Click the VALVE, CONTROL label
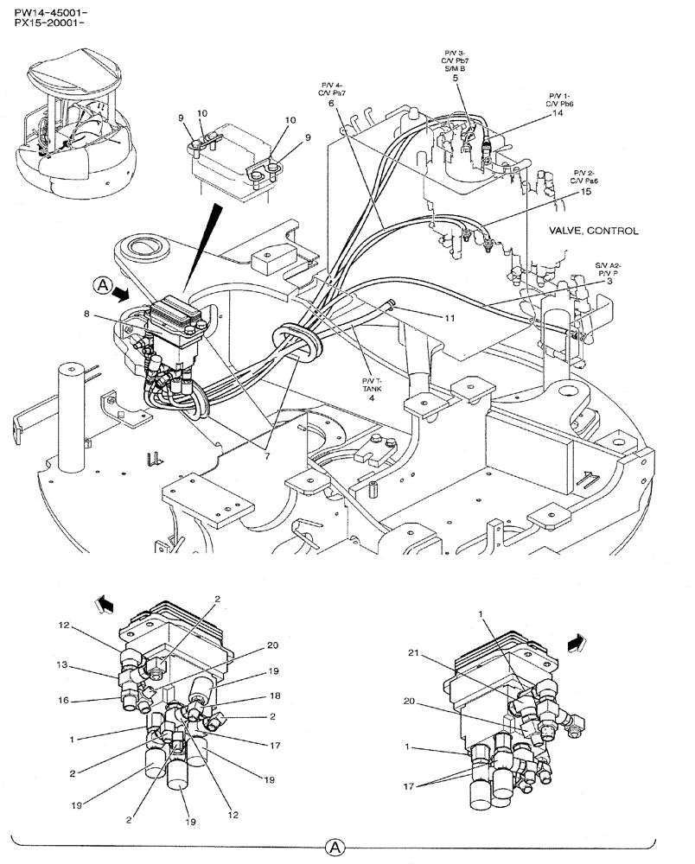593,232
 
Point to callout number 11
450,318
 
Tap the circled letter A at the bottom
334,848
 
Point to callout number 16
64,702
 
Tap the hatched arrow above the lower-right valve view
575,641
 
